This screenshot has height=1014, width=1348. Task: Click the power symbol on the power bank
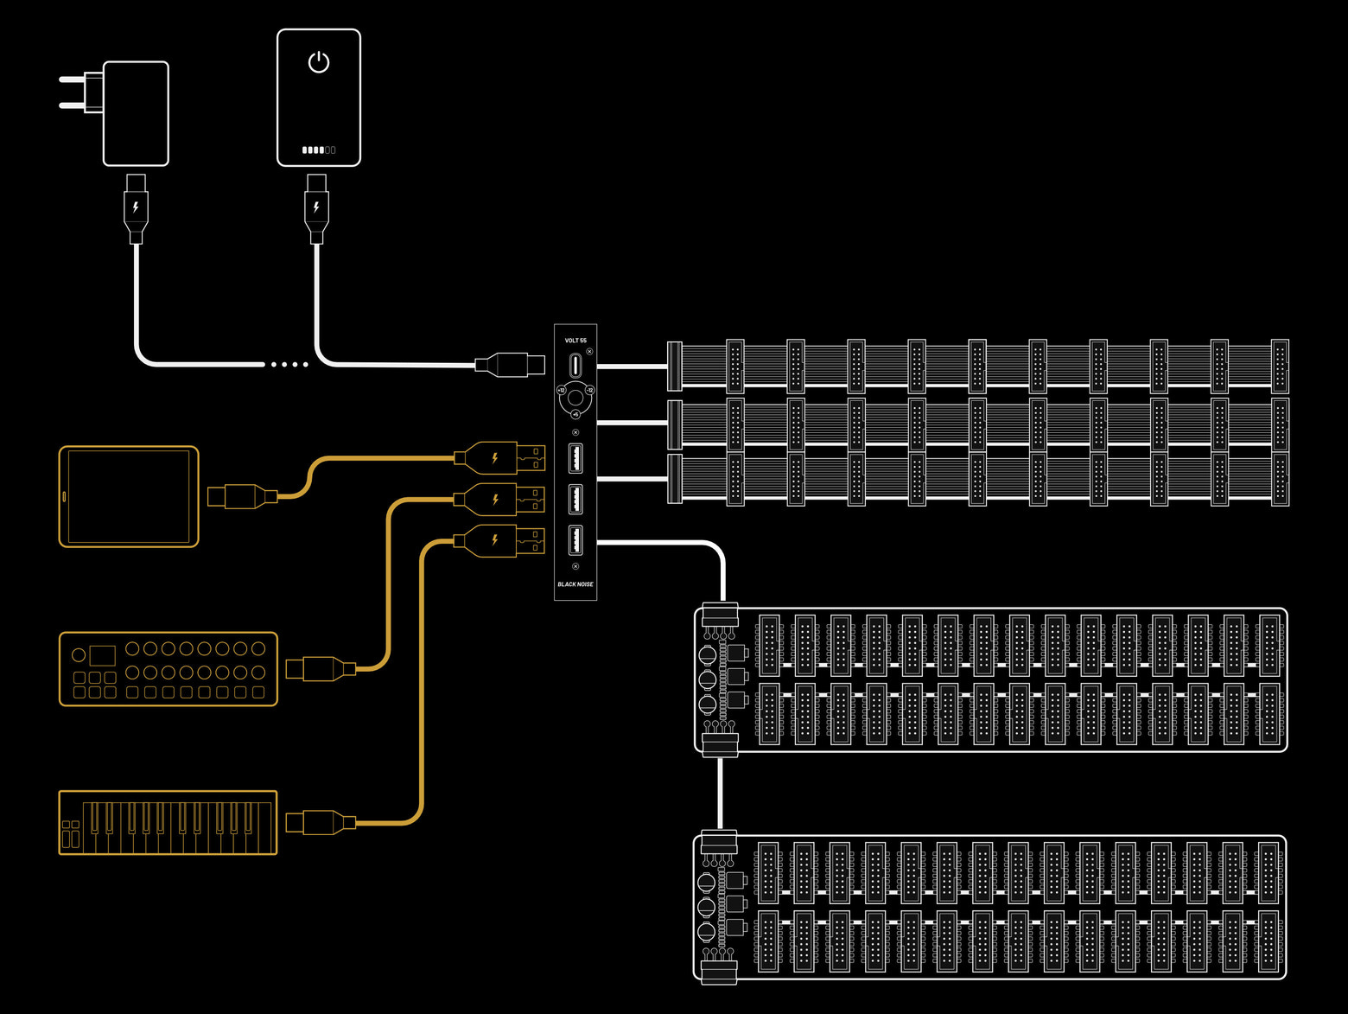[319, 62]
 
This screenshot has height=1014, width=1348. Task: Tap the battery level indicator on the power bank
[319, 150]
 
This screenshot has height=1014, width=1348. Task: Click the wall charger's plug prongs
[80, 92]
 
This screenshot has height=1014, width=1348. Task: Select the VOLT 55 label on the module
[575, 341]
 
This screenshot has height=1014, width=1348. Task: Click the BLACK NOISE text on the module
[575, 584]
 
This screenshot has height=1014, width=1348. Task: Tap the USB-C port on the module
[575, 366]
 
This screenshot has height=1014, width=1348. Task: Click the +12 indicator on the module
[561, 391]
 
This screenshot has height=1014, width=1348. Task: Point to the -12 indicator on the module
[590, 391]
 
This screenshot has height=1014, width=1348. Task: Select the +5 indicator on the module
[575, 415]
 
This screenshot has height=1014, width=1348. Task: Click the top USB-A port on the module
[575, 458]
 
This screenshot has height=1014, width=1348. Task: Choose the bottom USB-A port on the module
[575, 540]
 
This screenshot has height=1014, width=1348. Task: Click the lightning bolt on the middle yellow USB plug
[495, 499]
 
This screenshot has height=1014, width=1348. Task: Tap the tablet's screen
[129, 496]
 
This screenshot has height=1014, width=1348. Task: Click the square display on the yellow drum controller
[102, 654]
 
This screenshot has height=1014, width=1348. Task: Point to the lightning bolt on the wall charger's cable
[136, 207]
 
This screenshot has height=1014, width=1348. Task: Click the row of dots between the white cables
[289, 365]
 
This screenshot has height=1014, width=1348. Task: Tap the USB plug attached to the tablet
[242, 496]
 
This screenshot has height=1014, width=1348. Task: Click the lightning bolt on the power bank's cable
[317, 207]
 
